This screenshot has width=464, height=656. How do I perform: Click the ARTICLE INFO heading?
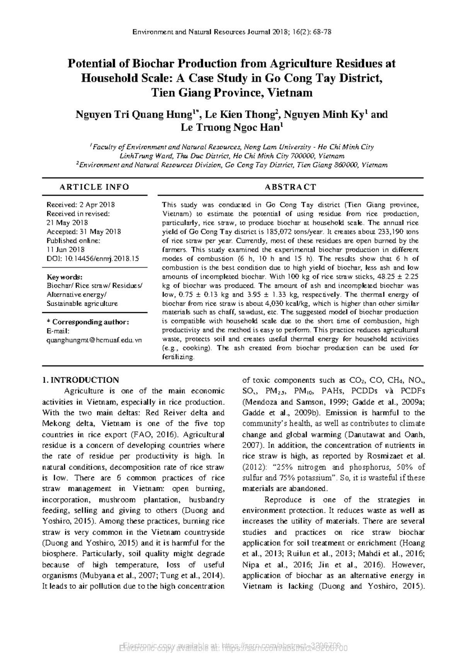(x=94, y=187)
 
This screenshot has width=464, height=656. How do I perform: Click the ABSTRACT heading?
(x=290, y=187)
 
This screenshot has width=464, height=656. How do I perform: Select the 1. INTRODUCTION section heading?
(x=80, y=380)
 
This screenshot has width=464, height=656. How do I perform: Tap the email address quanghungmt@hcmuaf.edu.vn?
(x=94, y=340)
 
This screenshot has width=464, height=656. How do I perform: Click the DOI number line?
(x=92, y=258)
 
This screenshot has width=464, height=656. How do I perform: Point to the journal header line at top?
(x=232, y=32)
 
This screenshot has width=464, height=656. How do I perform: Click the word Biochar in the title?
(x=154, y=63)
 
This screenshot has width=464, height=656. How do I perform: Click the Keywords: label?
(x=64, y=277)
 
